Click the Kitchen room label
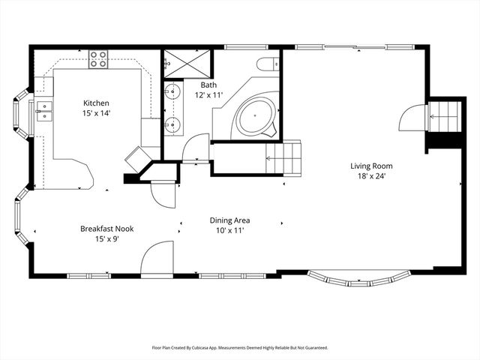pos(97,103)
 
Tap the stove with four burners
pos(98,58)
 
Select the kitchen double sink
pos(44,112)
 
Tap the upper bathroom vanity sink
pos(173,93)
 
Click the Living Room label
pos(371,166)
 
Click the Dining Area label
pos(229,220)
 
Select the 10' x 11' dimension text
pos(229,231)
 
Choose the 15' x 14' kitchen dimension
pos(97,113)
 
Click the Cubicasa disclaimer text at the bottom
pos(240,348)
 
